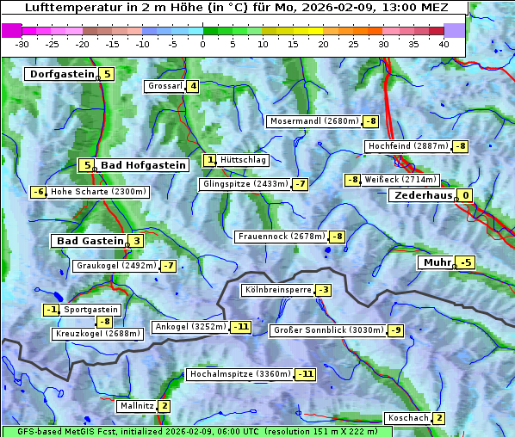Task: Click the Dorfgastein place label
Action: coord(61,74)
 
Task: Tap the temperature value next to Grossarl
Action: coord(193,86)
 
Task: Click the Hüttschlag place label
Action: coord(244,160)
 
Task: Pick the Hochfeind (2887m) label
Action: coord(407,146)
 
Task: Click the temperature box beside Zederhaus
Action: coord(465,195)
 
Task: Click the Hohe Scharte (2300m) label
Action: coord(98,192)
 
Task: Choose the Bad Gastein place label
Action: coord(90,241)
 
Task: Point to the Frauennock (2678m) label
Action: coord(281,237)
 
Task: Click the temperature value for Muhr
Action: coord(466,262)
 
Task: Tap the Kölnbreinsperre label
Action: coord(276,290)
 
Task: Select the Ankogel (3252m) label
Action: coord(189,327)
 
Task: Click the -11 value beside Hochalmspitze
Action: coord(305,374)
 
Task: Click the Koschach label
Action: coord(408,418)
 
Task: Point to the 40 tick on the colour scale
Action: coord(444,44)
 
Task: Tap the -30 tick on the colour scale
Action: coord(22,44)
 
